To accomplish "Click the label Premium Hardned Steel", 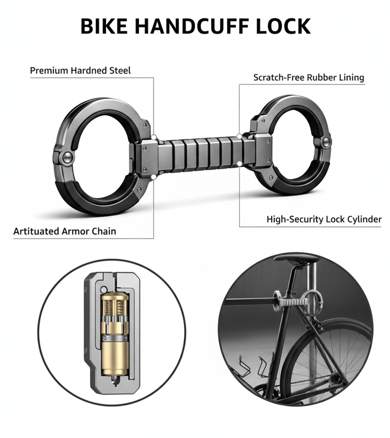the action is (80, 71).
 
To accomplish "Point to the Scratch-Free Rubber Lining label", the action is (309, 78).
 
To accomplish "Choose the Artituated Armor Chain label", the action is (64, 231).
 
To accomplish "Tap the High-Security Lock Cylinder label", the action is (324, 220).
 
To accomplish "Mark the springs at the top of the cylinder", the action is (114, 307).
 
